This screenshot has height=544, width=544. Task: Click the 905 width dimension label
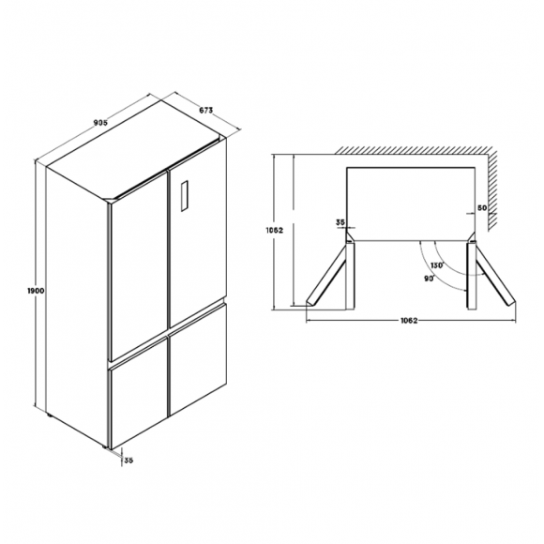(x=101, y=123)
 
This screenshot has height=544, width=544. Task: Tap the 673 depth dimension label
(x=205, y=111)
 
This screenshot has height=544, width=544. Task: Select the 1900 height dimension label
(x=36, y=291)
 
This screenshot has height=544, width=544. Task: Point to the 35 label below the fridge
(x=128, y=461)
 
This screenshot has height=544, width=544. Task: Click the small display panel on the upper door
(x=184, y=196)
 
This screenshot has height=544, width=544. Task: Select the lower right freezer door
(x=198, y=360)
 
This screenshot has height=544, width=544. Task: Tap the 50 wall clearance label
(x=482, y=208)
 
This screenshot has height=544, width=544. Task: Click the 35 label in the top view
(x=340, y=222)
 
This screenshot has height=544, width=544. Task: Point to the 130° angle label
(x=437, y=265)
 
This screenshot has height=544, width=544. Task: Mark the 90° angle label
(x=430, y=279)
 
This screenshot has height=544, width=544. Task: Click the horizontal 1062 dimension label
(x=409, y=321)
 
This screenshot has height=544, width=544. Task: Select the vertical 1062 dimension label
(x=275, y=230)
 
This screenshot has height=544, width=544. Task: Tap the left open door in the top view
(x=326, y=275)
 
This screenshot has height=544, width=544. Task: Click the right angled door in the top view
(x=495, y=275)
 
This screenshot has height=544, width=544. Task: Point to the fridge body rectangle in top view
(x=411, y=204)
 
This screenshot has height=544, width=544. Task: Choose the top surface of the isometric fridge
(x=136, y=149)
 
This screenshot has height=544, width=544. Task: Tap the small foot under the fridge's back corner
(x=50, y=415)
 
